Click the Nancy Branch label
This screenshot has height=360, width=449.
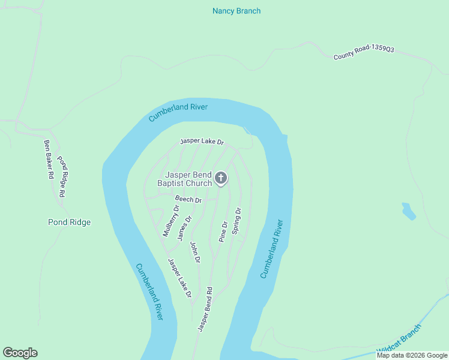point(237,11)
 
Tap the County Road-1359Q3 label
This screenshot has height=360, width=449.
point(364,53)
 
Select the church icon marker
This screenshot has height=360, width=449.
point(221,178)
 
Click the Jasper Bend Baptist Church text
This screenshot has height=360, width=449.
point(185,179)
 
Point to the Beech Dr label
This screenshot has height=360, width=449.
point(188,199)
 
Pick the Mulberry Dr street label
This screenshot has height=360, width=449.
point(171,220)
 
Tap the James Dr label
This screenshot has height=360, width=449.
point(184,229)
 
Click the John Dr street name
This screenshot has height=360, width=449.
point(194,252)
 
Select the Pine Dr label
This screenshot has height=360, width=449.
point(223,232)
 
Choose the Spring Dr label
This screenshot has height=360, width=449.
point(237,220)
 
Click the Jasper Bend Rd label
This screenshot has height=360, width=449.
point(205,310)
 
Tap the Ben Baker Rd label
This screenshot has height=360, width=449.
point(49,160)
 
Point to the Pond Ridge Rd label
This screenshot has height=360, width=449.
point(61,176)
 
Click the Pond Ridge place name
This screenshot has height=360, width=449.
point(69,223)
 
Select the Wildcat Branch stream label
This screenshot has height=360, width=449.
point(399,340)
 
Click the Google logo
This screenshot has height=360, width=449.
point(20,353)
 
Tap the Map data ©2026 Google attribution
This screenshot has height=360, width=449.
point(412,355)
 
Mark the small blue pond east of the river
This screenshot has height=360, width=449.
point(408,211)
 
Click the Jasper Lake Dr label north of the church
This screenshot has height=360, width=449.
point(202,142)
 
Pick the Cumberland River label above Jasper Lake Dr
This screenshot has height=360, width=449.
point(178,112)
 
